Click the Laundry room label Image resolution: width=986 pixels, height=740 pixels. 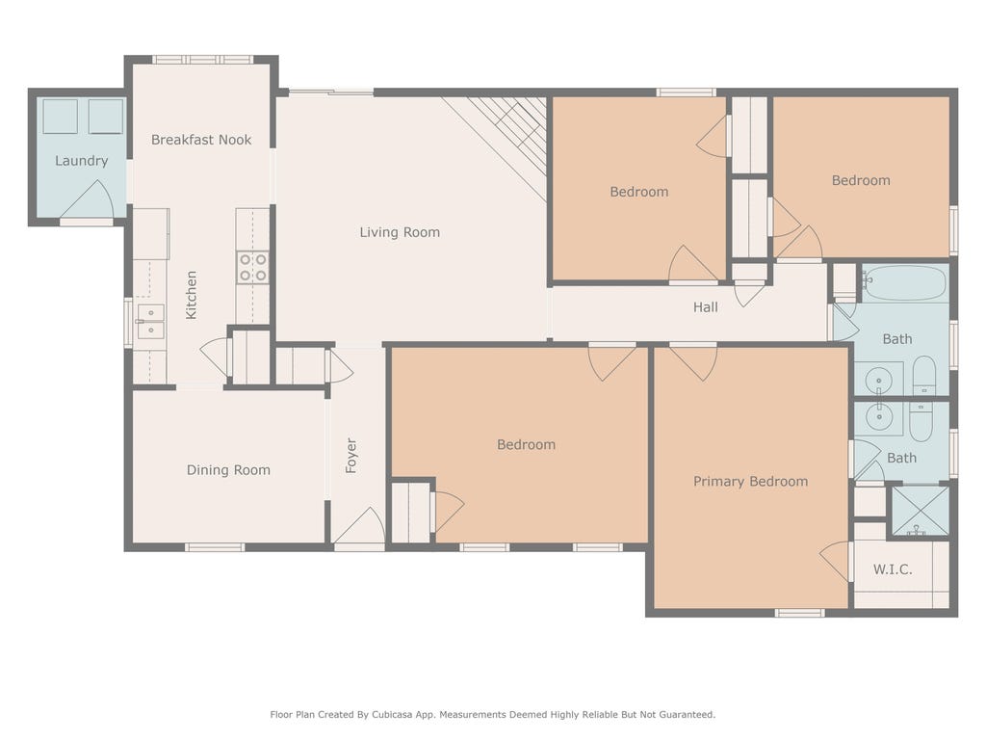click(x=81, y=161)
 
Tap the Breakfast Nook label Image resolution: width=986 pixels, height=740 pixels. click(x=201, y=140)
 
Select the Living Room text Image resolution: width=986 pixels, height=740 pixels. click(x=400, y=232)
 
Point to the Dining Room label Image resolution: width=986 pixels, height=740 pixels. click(x=228, y=470)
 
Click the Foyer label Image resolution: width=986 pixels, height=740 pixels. click(x=350, y=456)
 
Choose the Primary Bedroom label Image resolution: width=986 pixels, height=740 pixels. click(x=751, y=482)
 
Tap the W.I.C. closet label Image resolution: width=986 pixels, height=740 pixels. click(x=893, y=569)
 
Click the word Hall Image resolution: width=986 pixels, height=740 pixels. click(x=706, y=307)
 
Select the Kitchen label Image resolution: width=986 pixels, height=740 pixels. click(x=192, y=295)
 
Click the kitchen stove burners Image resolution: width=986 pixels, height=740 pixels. click(x=253, y=267)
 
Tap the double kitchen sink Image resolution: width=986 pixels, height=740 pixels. click(x=151, y=321)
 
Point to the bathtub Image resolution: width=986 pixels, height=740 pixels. click(x=904, y=283)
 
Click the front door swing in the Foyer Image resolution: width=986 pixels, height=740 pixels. click(x=360, y=526)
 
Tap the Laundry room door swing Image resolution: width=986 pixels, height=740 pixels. click(x=88, y=201)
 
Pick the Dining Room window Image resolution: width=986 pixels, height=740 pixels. click(x=215, y=547)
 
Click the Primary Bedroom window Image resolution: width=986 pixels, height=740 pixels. click(x=798, y=613)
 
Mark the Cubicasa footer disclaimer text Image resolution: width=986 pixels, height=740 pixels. click(x=493, y=715)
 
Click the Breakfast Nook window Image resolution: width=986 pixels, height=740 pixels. click(x=202, y=60)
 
